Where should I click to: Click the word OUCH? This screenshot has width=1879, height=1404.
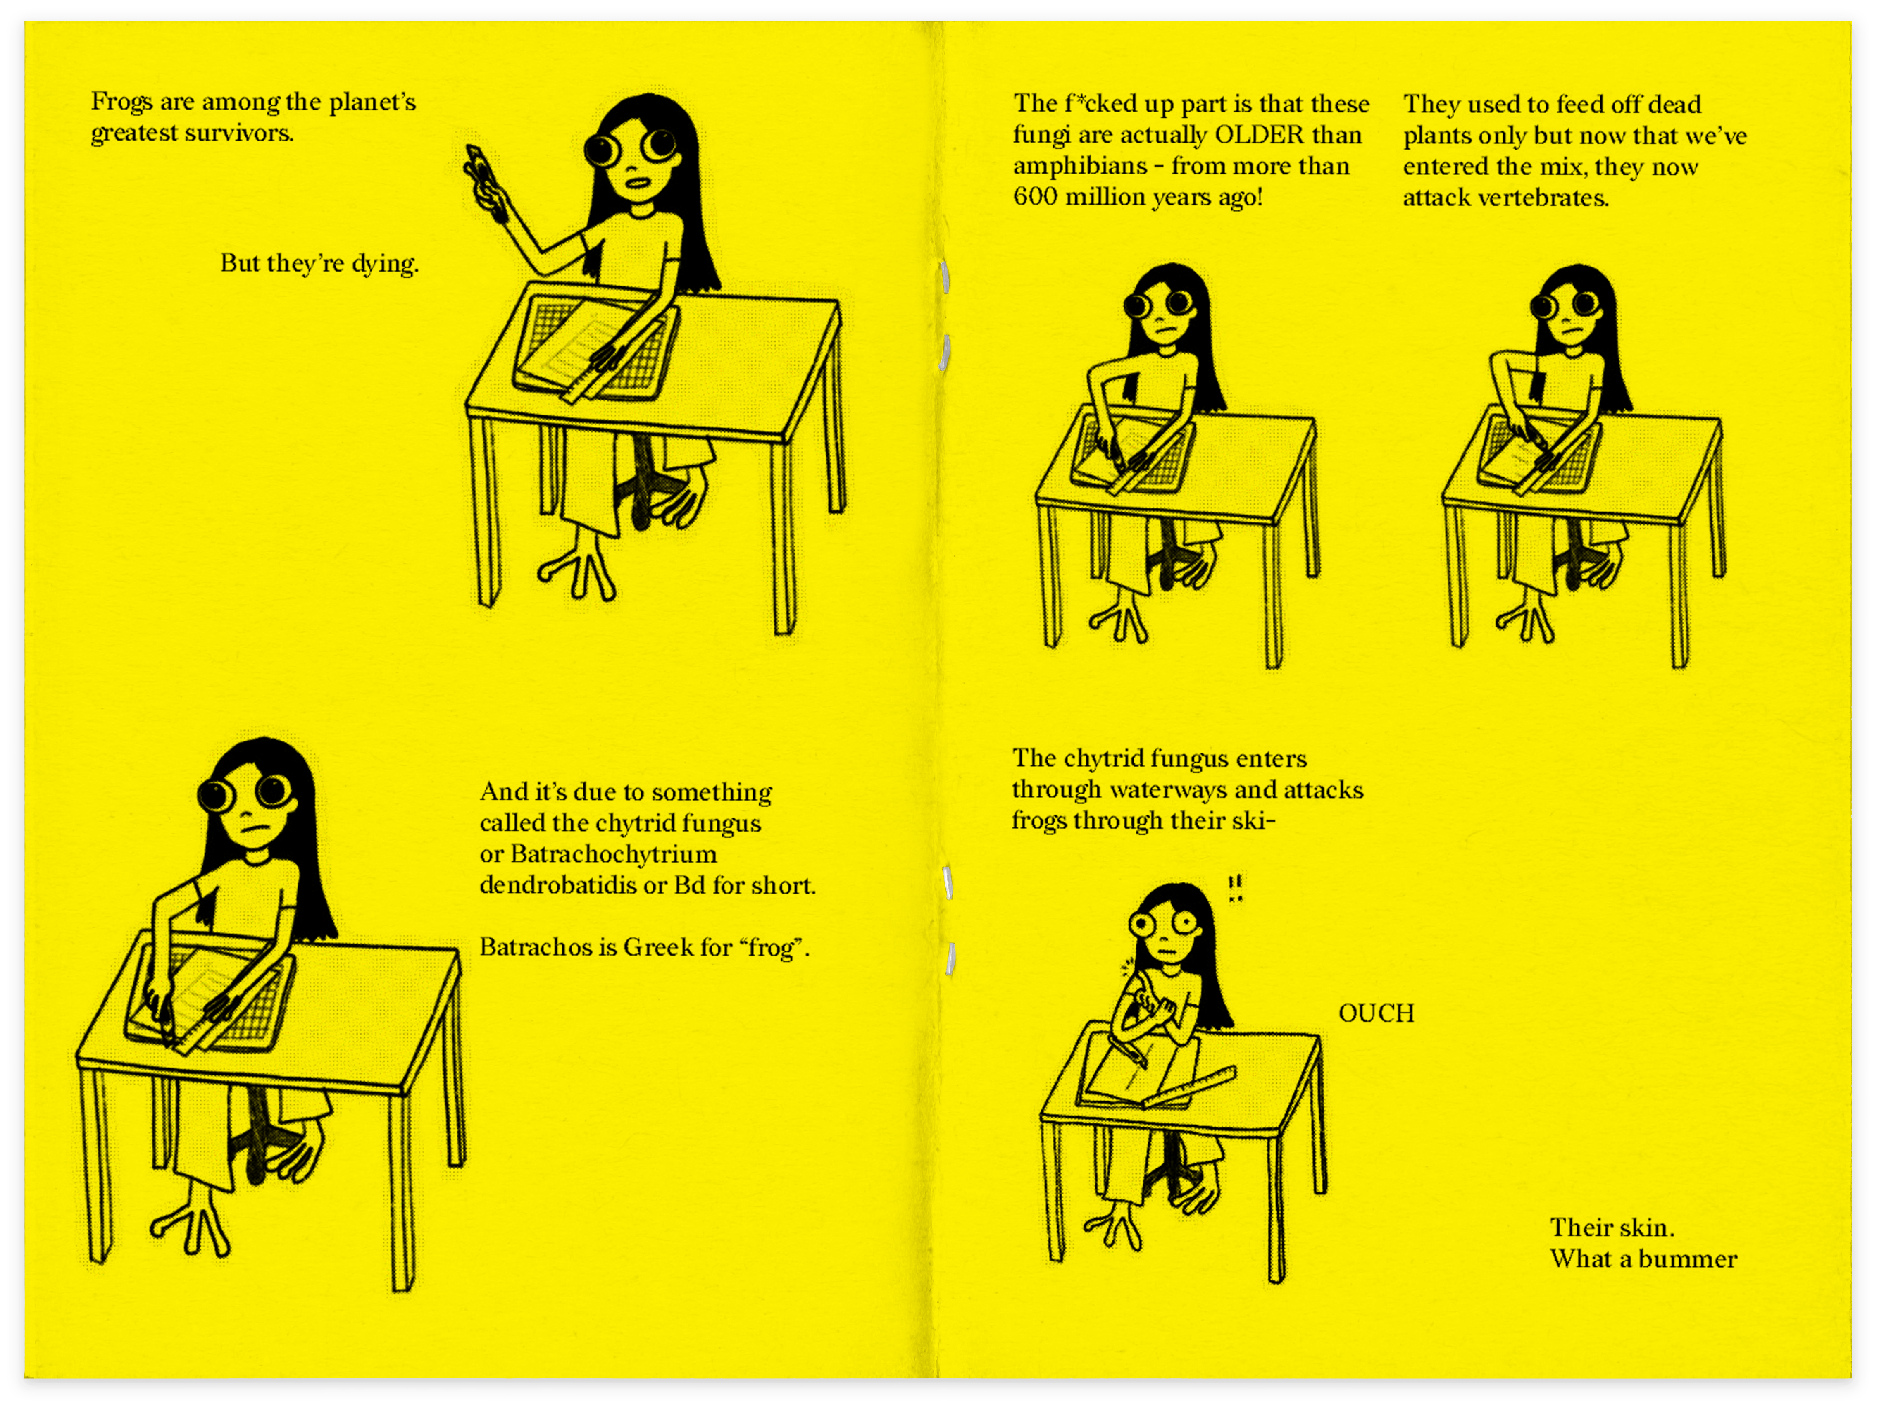1376,1013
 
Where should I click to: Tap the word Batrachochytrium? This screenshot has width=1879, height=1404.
613,853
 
